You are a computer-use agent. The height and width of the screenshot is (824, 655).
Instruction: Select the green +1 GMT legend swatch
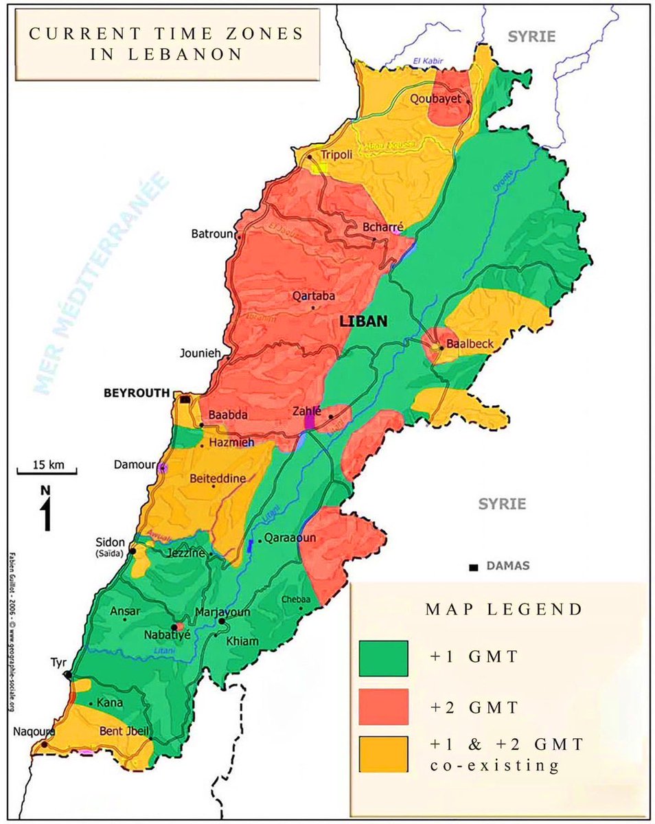tap(383, 658)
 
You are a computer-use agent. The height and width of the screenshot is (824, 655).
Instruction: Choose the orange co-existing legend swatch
tap(383, 754)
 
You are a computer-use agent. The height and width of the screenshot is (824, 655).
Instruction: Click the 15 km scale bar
tap(47, 472)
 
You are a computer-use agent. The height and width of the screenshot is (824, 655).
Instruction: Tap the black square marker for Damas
tap(473, 567)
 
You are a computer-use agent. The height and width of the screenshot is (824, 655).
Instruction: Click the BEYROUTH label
tap(136, 393)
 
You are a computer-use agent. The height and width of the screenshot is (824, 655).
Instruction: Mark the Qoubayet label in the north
tap(436, 99)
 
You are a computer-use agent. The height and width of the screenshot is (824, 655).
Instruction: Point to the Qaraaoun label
tap(290, 538)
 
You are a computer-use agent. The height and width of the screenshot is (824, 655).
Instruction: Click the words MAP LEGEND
tap(504, 609)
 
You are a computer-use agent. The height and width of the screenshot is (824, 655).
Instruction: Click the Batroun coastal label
tap(212, 234)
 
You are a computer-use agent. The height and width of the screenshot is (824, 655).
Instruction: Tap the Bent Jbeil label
tap(124, 731)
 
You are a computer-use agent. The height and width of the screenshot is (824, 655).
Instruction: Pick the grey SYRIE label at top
tap(531, 36)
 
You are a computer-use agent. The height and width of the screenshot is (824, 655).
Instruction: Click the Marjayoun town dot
tap(222, 621)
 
